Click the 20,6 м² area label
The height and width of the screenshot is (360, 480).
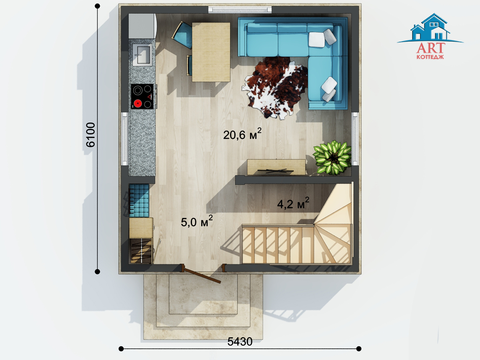point(242,134)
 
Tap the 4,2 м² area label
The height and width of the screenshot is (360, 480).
point(293,203)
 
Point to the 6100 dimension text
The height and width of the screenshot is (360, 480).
point(90,135)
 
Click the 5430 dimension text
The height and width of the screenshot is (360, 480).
point(240,342)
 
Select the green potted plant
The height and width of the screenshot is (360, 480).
point(332,158)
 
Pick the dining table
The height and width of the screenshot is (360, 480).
point(211,52)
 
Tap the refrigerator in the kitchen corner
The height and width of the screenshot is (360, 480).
point(142,26)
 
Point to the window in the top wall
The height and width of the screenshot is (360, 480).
point(240,10)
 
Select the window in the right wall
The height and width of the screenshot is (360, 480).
point(355,139)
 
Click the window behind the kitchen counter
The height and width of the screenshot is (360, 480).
point(125,139)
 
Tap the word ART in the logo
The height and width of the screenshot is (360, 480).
point(431,48)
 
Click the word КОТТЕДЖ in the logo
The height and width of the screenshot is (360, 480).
point(430,57)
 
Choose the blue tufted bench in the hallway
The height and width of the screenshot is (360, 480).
point(139,200)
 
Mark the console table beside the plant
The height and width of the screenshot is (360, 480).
point(276,167)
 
